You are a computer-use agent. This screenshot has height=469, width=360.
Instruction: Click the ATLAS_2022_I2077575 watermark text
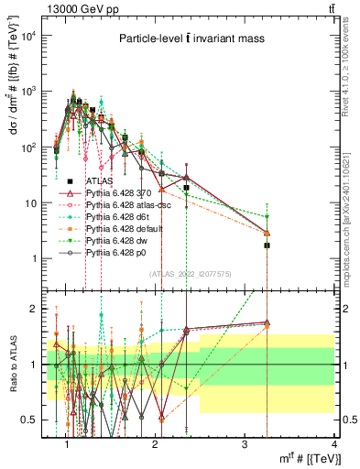[x=190, y=273]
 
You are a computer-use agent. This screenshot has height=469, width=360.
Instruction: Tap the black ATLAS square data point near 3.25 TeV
[x=267, y=245]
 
